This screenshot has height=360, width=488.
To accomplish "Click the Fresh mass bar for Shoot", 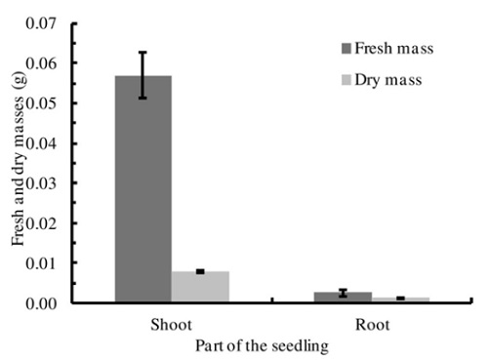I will [x=142, y=189].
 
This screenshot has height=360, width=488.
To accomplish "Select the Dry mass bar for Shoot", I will [x=200, y=287].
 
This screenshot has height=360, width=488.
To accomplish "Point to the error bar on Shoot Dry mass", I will [x=200, y=271].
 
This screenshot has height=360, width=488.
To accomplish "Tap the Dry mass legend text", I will [x=387, y=80].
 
